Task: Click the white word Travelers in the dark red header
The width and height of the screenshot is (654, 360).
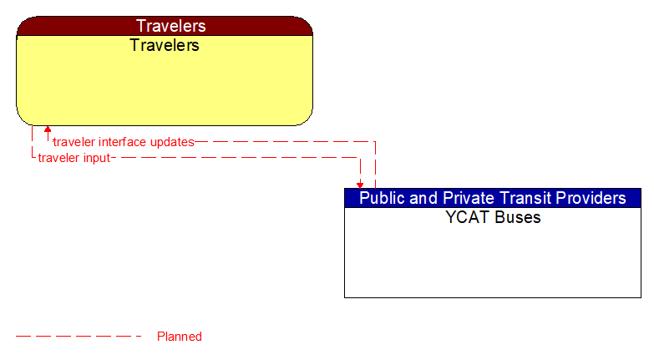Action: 171,26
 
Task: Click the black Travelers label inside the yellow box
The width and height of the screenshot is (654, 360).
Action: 165,45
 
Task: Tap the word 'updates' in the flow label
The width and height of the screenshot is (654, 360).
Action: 171,142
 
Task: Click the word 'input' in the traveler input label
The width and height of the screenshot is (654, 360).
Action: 96,157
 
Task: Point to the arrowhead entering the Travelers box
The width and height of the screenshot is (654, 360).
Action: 48,130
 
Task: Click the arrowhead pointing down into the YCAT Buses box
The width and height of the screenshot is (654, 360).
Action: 360,184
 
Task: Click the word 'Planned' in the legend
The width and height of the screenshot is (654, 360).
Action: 180,337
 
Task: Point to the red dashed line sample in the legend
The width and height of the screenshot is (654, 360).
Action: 79,337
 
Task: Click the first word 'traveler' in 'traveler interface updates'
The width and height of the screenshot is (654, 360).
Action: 74,142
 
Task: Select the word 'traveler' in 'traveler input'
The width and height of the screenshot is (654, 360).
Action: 59,157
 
